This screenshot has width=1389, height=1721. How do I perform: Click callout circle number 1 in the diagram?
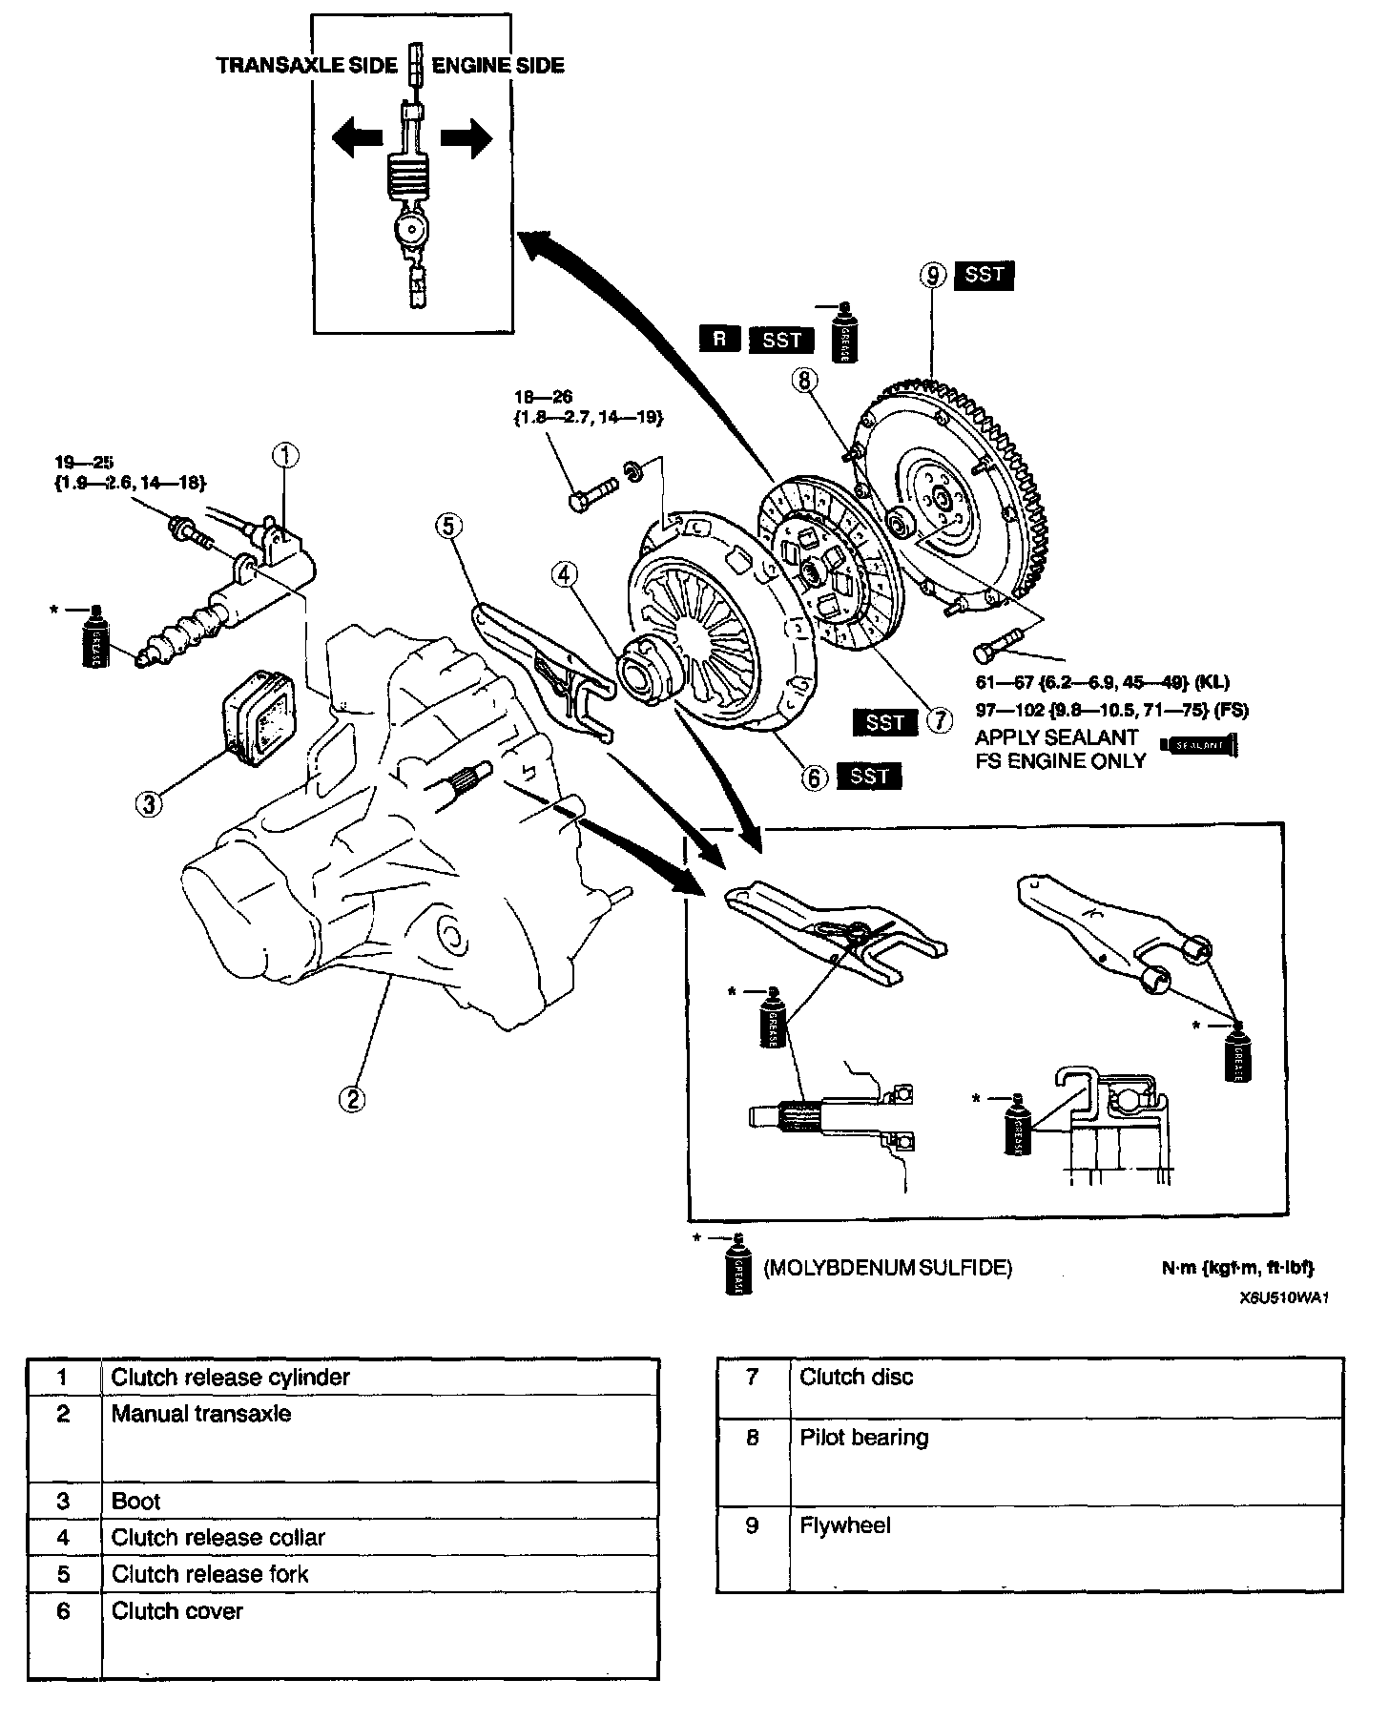click(x=286, y=455)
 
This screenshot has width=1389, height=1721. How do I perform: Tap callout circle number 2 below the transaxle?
click(x=352, y=1099)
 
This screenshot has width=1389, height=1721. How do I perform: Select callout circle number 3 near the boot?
click(x=149, y=804)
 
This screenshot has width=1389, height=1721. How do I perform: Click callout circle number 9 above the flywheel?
click(x=933, y=276)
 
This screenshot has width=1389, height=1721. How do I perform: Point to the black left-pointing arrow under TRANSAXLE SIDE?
click(x=354, y=141)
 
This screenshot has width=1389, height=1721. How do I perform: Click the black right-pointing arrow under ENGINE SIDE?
click(x=467, y=141)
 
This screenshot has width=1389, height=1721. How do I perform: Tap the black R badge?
click(x=719, y=339)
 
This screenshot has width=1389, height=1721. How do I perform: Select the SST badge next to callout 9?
click(x=984, y=275)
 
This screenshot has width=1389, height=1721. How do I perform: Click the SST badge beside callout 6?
click(x=868, y=777)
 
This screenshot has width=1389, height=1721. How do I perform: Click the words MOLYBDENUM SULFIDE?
click(x=887, y=1268)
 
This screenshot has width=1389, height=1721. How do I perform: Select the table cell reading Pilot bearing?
click(x=863, y=1437)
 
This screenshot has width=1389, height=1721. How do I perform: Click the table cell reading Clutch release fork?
click(x=210, y=1573)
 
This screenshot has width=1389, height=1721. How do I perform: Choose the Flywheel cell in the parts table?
click(x=845, y=1524)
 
